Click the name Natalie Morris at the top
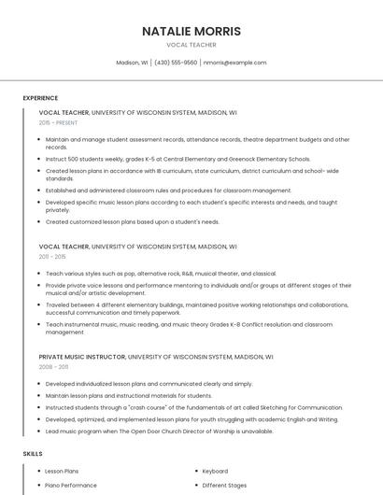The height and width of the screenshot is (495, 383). click(x=191, y=31)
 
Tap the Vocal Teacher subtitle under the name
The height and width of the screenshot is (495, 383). click(x=191, y=45)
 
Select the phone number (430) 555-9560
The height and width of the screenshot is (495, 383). click(x=176, y=63)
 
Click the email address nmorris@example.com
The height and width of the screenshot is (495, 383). click(x=234, y=63)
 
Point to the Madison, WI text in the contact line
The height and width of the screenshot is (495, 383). click(x=132, y=63)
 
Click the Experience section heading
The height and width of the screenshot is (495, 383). click(x=40, y=97)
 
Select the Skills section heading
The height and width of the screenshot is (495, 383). click(x=32, y=453)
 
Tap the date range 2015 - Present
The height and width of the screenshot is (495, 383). click(x=58, y=122)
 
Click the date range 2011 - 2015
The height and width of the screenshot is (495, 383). click(x=52, y=256)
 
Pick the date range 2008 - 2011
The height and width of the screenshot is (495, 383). click(x=53, y=366)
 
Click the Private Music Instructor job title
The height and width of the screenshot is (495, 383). click(x=81, y=356)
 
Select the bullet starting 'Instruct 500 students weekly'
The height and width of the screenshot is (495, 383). click(x=177, y=159)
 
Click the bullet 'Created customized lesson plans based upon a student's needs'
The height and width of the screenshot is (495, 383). click(x=133, y=221)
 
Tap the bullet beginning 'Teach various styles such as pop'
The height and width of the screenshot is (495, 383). click(x=161, y=274)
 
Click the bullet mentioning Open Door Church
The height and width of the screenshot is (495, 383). click(x=159, y=431)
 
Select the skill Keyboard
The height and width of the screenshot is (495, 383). click(x=215, y=472)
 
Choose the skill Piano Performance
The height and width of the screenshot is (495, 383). click(x=71, y=486)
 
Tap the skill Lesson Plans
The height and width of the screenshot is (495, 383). click(x=62, y=472)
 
